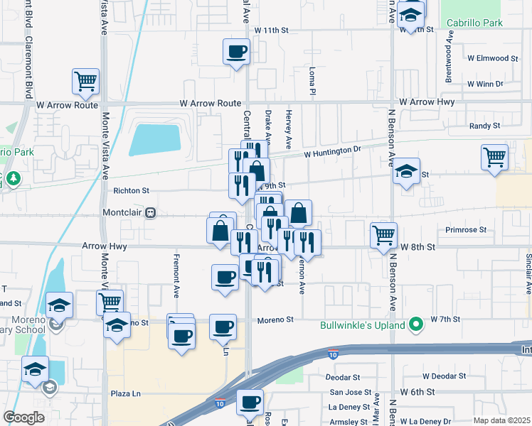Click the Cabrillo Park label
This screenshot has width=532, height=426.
(474, 23)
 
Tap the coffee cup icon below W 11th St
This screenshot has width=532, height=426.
(236, 51)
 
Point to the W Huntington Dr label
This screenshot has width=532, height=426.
(333, 152)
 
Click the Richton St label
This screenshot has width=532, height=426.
(131, 190)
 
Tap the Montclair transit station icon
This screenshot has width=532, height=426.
(150, 212)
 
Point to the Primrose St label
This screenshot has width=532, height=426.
(465, 230)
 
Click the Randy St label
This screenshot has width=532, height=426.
(485, 126)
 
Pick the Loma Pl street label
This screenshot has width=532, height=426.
(312, 82)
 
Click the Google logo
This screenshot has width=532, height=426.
(23, 417)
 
